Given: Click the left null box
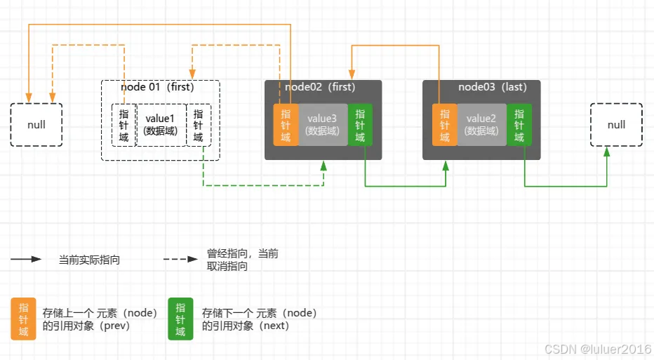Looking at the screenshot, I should (x=36, y=125).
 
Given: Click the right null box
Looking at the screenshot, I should (x=616, y=125).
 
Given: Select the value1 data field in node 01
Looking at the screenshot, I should (x=161, y=125).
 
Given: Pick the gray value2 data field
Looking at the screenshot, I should (x=481, y=125).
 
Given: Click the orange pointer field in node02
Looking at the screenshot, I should (x=286, y=125).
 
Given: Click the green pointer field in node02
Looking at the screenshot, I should (x=360, y=125).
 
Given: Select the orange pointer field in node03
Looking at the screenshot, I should (x=444, y=125).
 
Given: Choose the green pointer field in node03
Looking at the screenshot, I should (x=519, y=125).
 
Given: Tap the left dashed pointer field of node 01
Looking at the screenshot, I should (x=124, y=125).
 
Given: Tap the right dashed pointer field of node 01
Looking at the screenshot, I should (x=198, y=125).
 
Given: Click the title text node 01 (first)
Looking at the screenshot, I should (x=157, y=88).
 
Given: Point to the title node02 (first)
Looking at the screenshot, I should (x=320, y=87).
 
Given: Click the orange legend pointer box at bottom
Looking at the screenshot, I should (x=23, y=319).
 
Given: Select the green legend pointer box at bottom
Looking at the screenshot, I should (x=180, y=319).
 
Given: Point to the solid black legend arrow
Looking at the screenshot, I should (x=26, y=259).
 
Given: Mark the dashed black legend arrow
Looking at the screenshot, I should (x=180, y=259).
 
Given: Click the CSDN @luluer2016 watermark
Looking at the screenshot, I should (x=597, y=349).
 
